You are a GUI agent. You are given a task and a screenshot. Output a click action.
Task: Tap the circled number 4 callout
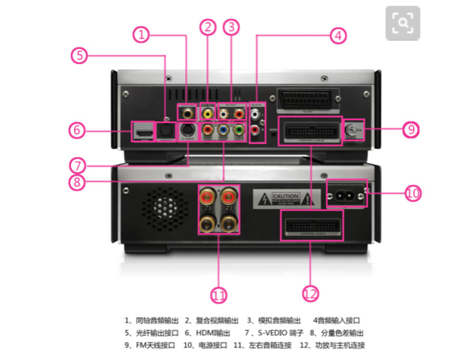click(337, 35)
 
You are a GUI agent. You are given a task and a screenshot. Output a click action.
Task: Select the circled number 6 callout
click(77, 130)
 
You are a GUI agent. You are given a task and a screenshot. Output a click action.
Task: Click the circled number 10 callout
click(411, 193)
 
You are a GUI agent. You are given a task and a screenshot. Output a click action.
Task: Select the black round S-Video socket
click(189, 131)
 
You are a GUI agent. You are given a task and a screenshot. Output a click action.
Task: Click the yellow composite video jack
click(207, 113)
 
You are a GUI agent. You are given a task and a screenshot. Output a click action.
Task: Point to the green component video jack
click(239, 131)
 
